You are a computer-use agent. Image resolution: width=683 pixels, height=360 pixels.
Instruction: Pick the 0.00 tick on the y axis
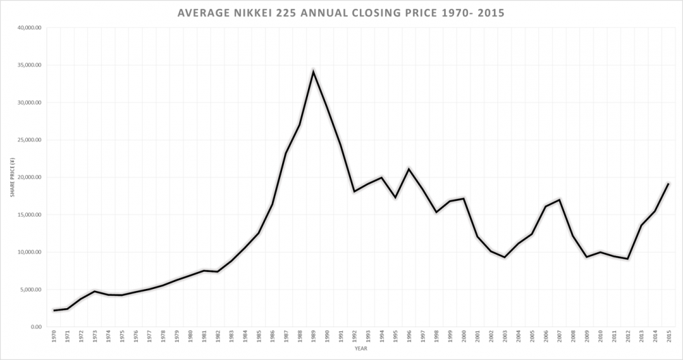(x=36, y=327)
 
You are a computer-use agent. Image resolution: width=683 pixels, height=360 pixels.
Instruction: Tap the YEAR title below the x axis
(x=360, y=349)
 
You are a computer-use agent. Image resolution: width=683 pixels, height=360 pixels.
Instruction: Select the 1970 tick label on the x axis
(x=54, y=336)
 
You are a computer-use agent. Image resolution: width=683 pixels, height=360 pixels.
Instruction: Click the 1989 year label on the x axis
(x=313, y=336)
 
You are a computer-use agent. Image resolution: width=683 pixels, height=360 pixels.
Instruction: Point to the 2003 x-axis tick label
(x=504, y=336)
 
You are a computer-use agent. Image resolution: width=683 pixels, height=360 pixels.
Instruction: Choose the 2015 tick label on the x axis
(x=668, y=336)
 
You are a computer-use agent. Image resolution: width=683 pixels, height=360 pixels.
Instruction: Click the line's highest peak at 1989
(x=313, y=71)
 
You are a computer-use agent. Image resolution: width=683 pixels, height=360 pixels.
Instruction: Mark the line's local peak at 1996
(x=408, y=169)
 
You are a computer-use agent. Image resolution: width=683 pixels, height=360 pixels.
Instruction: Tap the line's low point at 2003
(x=504, y=257)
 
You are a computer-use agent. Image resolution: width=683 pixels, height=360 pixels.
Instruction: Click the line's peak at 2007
(x=559, y=199)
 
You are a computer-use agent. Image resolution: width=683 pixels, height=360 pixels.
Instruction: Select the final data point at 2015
(x=668, y=183)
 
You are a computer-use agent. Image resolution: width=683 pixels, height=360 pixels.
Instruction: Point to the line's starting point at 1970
(x=54, y=310)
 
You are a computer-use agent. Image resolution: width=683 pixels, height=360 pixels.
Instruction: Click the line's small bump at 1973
(x=95, y=291)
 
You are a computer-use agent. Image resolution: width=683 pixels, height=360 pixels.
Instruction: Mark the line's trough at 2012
(x=627, y=259)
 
